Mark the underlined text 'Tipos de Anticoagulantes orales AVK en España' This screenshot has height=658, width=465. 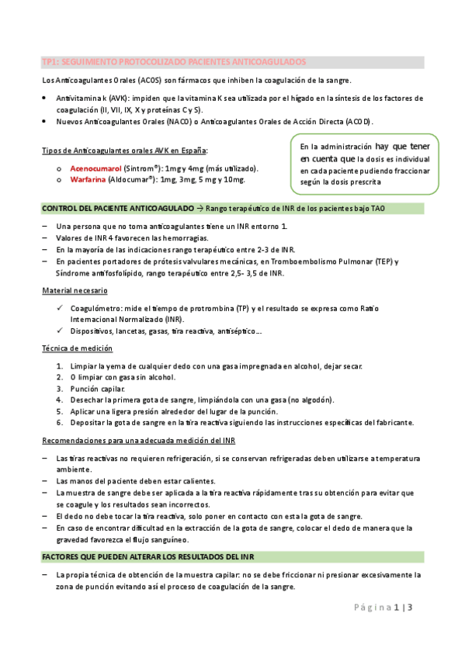124,151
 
